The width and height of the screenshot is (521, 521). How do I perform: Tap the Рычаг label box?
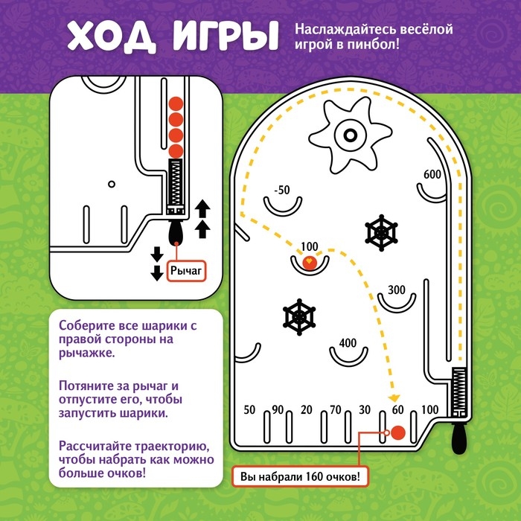[185, 272]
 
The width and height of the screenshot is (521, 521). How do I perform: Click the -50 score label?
[281, 190]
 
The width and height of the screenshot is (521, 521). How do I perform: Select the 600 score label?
[432, 174]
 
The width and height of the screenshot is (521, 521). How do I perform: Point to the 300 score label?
[396, 290]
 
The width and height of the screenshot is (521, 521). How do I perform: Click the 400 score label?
[348, 343]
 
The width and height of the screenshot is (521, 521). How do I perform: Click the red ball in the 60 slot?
[398, 432]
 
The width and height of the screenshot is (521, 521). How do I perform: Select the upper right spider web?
[381, 234]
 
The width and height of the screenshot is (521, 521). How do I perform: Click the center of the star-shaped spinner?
[348, 135]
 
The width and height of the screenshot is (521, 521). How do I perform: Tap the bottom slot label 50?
[249, 409]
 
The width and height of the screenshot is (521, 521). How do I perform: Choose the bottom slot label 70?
[336, 409]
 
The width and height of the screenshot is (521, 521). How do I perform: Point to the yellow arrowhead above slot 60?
[395, 398]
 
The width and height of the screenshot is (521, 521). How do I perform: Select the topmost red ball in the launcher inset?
[176, 103]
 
